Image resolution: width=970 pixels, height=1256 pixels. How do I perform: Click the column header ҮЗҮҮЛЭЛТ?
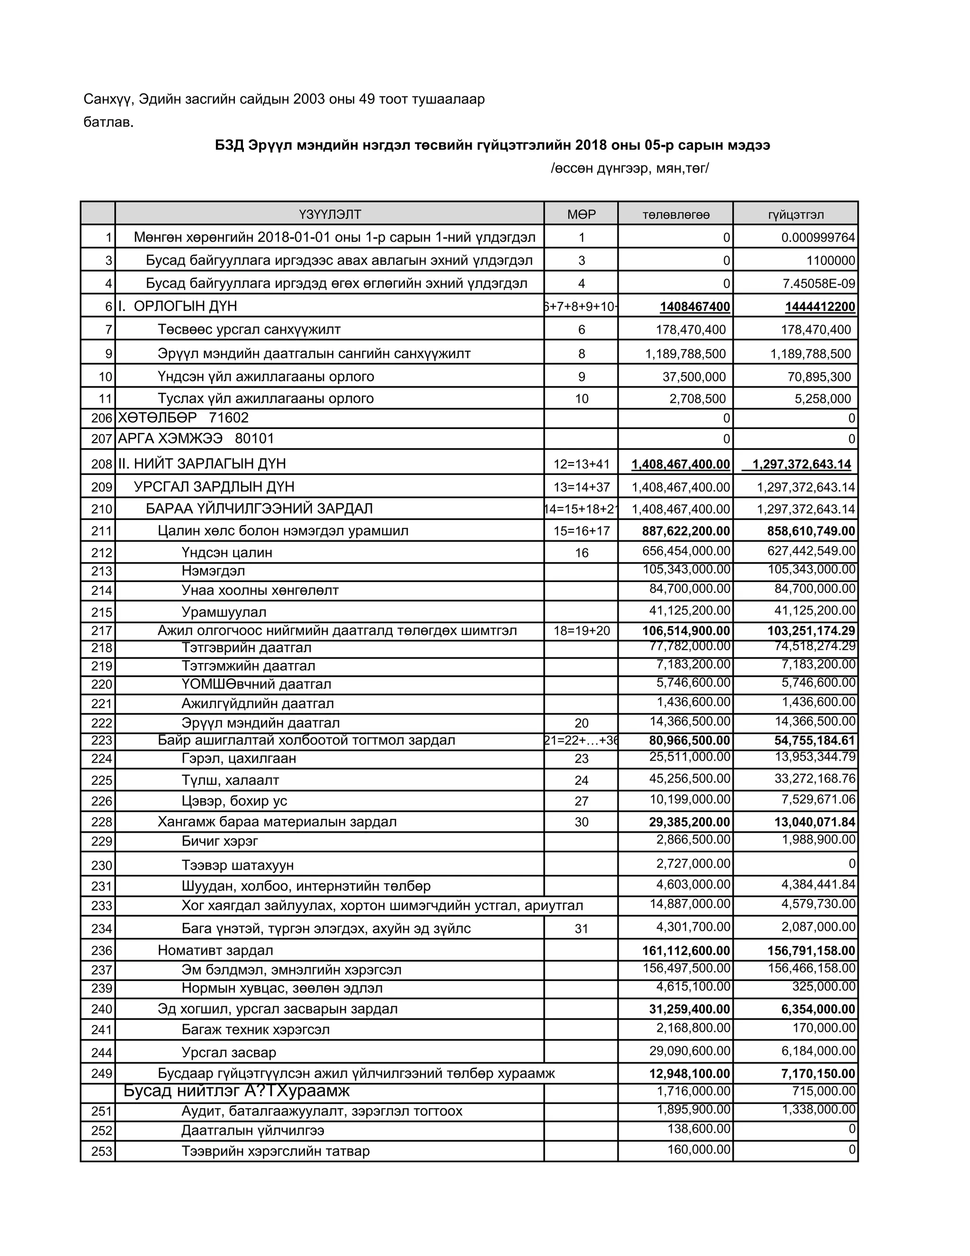coord(330,215)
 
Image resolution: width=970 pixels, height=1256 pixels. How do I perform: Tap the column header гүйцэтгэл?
coord(795,215)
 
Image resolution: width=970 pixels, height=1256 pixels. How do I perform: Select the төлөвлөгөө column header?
coord(676,215)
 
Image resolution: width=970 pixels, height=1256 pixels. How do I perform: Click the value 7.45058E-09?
coord(818,283)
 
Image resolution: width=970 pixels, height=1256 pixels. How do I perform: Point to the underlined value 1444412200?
coord(820,307)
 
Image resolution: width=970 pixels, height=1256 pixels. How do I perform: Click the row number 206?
coord(101,419)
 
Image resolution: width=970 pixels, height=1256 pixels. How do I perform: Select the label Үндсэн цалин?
coord(227,553)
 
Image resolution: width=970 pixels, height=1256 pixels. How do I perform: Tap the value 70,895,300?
coord(819,377)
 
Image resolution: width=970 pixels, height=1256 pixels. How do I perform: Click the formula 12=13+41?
coord(581,464)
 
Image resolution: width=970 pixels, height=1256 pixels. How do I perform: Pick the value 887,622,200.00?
coord(685,531)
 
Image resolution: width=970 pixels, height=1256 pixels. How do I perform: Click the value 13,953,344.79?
coord(815,757)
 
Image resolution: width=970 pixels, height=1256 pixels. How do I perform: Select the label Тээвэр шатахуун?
coord(237,865)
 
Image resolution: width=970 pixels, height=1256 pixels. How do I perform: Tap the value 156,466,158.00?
coord(811,968)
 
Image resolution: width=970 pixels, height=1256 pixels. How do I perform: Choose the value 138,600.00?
coord(698,1129)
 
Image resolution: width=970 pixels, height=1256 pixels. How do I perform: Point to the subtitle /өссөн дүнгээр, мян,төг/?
coord(629,169)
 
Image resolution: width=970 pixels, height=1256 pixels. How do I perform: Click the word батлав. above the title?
coord(108,122)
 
